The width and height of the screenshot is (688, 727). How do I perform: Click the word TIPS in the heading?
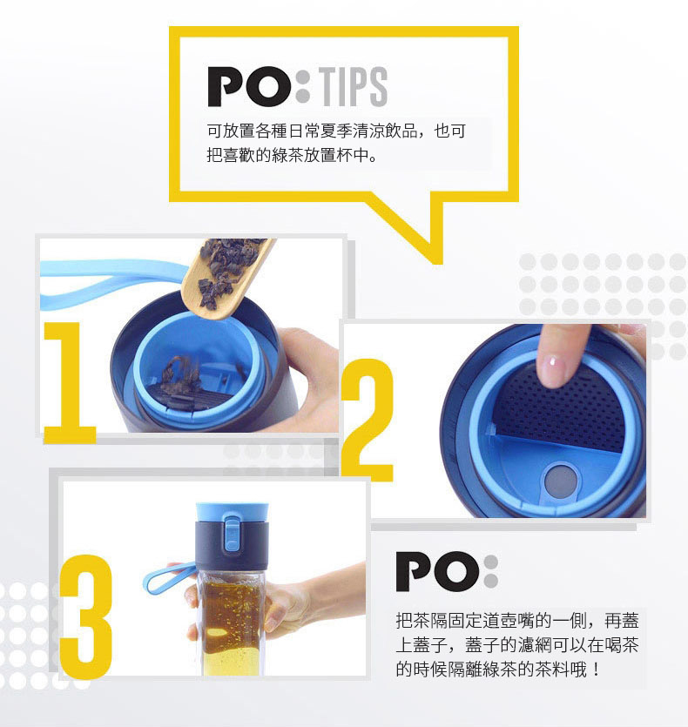354,86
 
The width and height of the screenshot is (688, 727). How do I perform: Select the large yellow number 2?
368,420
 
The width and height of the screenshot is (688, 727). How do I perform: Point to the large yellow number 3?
86,617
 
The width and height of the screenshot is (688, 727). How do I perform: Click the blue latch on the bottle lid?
232,532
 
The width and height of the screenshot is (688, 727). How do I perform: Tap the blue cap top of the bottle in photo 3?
232,511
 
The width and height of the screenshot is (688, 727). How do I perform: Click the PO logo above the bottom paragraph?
447,571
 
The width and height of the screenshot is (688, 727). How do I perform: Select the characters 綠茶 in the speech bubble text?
287,155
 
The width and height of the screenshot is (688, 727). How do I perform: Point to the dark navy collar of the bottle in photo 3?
232,542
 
